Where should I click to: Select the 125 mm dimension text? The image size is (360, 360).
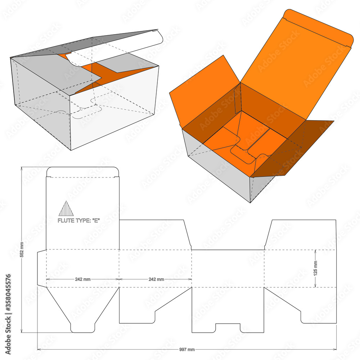tap(316, 268)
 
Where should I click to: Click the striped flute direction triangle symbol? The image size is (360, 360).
tap(66, 208)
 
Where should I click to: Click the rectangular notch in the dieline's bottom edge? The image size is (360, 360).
tap(228, 328)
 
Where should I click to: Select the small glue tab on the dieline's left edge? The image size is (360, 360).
tap(42, 268)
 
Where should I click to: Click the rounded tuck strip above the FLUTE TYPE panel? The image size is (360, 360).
tap(82, 172)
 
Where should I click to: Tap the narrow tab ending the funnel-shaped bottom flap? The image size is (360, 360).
tap(82, 327)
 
